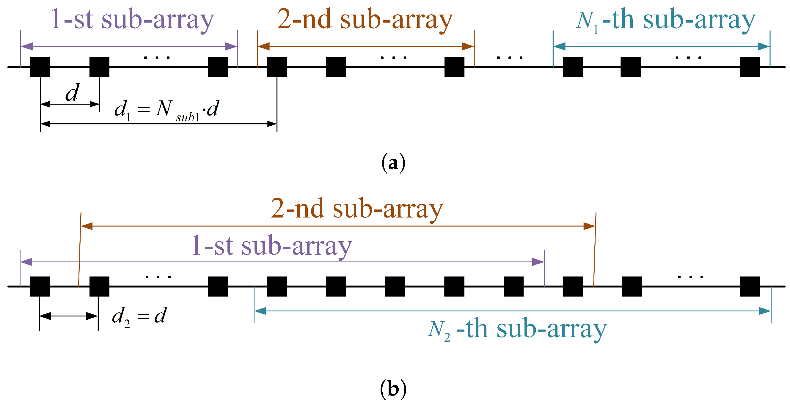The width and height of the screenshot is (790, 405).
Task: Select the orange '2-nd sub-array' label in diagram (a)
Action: coord(365,20)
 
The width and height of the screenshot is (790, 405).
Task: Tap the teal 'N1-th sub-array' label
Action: coord(665,20)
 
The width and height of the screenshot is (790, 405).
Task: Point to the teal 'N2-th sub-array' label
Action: coord(517,330)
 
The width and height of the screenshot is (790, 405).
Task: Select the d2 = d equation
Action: coord(139,316)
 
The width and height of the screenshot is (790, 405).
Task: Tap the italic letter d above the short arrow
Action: coord(72,93)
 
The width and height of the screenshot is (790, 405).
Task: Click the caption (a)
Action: coord(393,163)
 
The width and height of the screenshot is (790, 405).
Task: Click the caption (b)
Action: coord(393,389)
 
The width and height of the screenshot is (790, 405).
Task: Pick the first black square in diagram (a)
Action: coord(40,67)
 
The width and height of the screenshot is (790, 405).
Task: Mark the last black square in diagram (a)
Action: coord(750,67)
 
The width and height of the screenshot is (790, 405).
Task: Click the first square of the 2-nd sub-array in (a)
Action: coord(277,67)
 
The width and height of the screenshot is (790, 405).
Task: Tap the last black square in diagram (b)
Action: coord(750,286)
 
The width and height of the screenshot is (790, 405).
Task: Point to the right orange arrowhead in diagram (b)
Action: coord(589,226)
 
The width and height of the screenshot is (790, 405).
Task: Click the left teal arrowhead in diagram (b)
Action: coord(260,311)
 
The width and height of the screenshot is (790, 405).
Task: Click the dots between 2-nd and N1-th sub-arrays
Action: coord(510,57)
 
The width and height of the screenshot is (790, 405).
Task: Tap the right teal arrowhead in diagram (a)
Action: coord(764,47)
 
